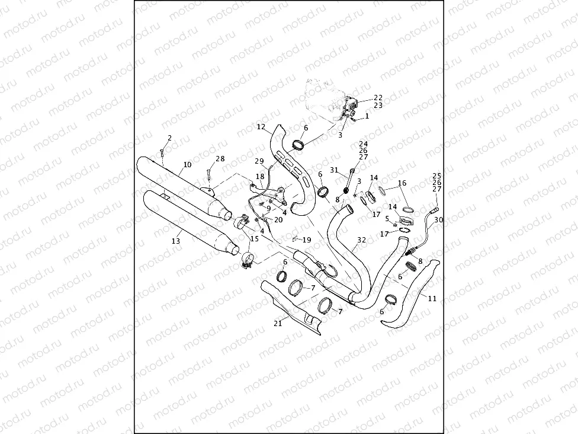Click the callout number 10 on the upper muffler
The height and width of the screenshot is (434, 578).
[x=187, y=164]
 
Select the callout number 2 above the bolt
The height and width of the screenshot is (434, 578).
[x=169, y=138]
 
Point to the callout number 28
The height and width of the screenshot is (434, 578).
[x=220, y=159]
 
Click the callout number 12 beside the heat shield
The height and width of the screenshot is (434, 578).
[x=261, y=127]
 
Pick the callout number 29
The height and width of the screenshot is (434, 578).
[x=259, y=162]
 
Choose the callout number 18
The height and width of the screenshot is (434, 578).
[x=260, y=177]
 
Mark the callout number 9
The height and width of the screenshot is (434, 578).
[x=268, y=208]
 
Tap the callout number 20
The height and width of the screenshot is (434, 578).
[x=278, y=219]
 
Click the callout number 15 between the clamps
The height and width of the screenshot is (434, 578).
[x=255, y=238]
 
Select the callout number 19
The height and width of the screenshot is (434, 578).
[x=306, y=240]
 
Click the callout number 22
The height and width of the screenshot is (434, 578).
[x=378, y=97]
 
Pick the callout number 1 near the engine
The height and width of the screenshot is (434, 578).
[x=367, y=116]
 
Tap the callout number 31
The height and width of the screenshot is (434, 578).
[x=334, y=170]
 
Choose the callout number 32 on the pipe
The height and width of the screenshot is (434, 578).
[x=362, y=240]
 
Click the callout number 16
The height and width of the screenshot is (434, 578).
[x=402, y=184]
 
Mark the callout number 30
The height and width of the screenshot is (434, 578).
[x=438, y=220]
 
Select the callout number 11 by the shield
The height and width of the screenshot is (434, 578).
[x=432, y=299]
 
